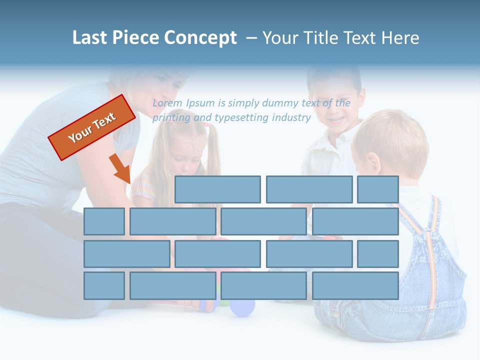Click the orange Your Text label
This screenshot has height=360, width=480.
tap(92, 127)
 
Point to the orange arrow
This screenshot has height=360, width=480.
tap(120, 169)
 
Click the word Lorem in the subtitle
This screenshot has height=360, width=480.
tap(167, 103)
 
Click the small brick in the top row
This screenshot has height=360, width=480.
tap(377, 189)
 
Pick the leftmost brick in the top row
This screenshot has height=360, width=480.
tap(217, 189)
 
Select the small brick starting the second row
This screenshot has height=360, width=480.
tap(104, 221)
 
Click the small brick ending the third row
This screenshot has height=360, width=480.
tap(377, 254)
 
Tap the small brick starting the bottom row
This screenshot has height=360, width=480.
tap(104, 286)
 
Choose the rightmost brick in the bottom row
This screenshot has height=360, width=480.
tap(355, 286)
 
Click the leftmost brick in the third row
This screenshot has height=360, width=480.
tap(126, 254)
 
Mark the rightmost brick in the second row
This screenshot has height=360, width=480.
tap(355, 221)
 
